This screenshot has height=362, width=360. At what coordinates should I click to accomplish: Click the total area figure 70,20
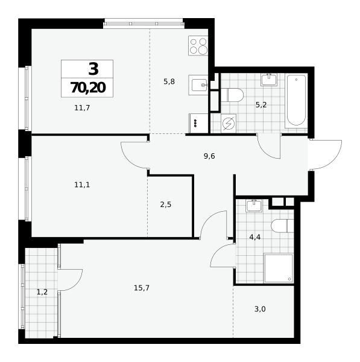88,87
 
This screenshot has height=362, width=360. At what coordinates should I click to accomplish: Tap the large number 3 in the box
93,69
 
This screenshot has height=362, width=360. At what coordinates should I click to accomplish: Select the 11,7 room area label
82,107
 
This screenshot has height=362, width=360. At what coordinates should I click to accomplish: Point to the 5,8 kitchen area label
169,81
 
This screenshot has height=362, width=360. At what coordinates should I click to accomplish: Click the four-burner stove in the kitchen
198,45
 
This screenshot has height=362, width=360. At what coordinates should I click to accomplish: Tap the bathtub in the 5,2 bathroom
296,101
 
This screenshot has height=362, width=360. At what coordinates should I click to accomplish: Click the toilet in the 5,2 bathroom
232,95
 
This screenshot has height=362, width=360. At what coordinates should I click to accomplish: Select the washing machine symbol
229,124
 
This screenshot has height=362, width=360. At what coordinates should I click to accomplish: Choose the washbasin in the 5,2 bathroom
269,80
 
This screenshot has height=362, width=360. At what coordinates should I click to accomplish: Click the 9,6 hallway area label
209,156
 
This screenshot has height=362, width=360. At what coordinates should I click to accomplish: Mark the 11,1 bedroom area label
82,185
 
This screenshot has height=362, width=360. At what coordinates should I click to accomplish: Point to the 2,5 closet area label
166,205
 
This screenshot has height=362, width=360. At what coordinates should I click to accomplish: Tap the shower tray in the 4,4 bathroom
279,268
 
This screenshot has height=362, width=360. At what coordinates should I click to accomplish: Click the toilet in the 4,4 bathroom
282,226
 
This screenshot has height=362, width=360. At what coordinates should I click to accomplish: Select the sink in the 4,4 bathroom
254,206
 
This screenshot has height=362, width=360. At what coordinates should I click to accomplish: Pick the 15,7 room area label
142,288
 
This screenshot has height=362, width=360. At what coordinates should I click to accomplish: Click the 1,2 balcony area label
42,292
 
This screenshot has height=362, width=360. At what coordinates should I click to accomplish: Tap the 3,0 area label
260,309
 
